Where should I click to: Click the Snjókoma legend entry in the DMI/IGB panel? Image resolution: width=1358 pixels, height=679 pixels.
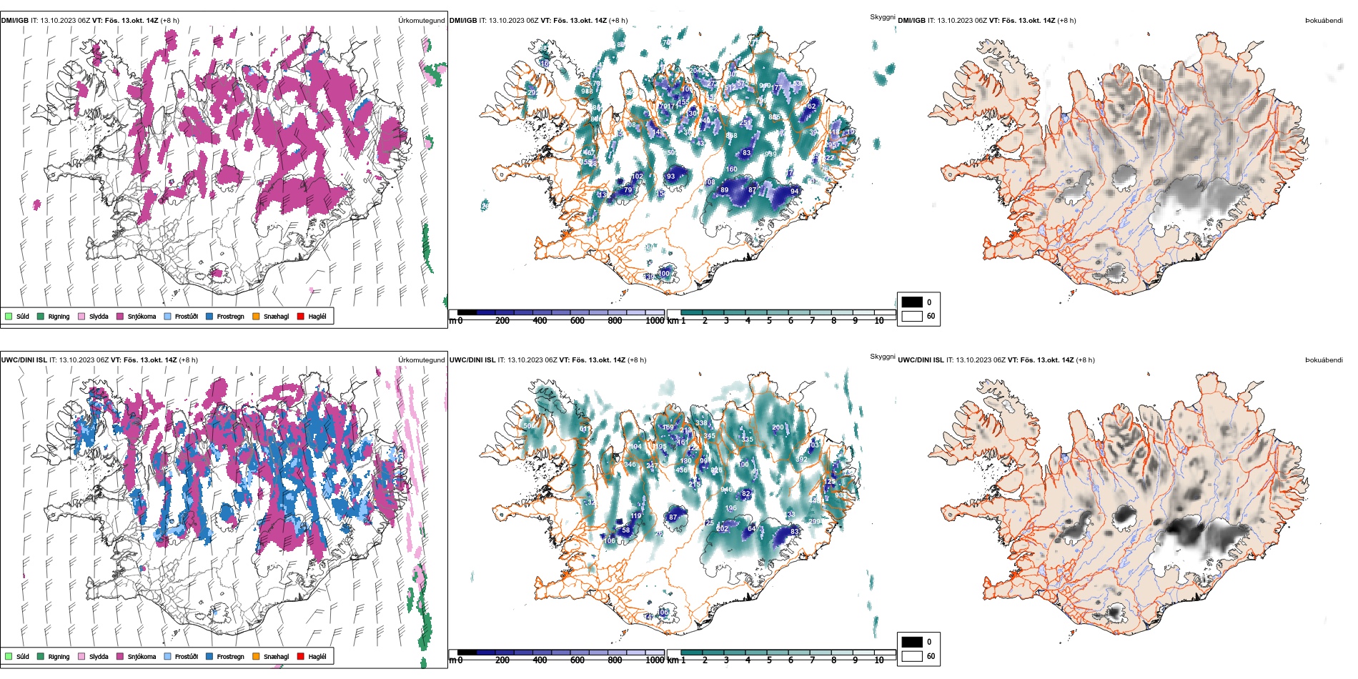coord(142,316)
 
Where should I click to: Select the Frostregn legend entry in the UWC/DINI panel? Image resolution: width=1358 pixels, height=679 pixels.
coord(230,656)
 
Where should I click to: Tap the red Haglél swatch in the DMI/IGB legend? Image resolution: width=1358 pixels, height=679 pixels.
coord(301,316)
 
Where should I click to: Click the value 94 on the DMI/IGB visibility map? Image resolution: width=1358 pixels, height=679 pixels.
coord(794,192)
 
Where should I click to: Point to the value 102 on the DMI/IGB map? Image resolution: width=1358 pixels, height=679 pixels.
coord(637,176)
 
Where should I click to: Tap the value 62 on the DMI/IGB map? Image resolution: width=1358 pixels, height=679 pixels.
coord(811,106)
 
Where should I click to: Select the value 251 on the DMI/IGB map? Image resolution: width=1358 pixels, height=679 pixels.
coord(745,123)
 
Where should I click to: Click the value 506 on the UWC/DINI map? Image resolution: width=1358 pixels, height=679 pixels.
coord(529,426)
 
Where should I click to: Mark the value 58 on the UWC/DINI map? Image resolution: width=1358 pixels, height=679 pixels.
coord(626,530)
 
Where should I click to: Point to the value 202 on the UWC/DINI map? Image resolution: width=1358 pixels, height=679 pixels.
coord(723,529)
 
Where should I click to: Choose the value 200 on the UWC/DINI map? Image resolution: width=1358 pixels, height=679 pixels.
coord(778,427)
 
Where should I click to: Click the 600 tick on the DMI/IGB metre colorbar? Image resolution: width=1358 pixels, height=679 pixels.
coord(578,321)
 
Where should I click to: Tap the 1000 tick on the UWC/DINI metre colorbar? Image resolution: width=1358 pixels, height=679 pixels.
coord(655,660)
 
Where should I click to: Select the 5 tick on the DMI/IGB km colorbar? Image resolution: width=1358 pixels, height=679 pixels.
coord(769,321)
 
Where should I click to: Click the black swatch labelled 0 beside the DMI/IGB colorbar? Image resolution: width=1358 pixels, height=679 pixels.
coord(912,302)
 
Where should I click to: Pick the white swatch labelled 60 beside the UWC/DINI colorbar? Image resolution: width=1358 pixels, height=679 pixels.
coord(912,656)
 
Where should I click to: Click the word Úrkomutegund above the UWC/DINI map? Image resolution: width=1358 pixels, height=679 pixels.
coord(421,360)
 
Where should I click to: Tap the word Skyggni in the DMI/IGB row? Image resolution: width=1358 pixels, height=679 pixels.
coord(882,17)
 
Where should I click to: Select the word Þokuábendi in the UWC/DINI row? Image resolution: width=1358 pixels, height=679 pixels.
coord(1324,360)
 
